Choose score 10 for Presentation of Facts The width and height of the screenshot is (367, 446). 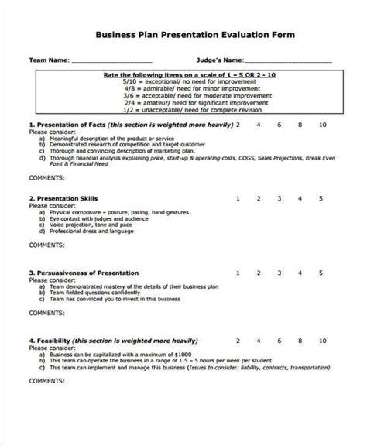321,124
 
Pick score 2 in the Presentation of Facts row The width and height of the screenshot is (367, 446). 238,124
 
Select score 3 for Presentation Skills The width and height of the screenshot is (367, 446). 279,198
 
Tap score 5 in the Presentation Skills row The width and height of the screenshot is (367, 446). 321,198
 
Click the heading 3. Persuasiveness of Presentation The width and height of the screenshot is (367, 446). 84,273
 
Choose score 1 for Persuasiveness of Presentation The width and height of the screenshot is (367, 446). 238,273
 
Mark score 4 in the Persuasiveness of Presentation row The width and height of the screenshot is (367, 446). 300,273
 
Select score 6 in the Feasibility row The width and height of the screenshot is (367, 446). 279,341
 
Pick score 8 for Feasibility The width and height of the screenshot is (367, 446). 300,341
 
